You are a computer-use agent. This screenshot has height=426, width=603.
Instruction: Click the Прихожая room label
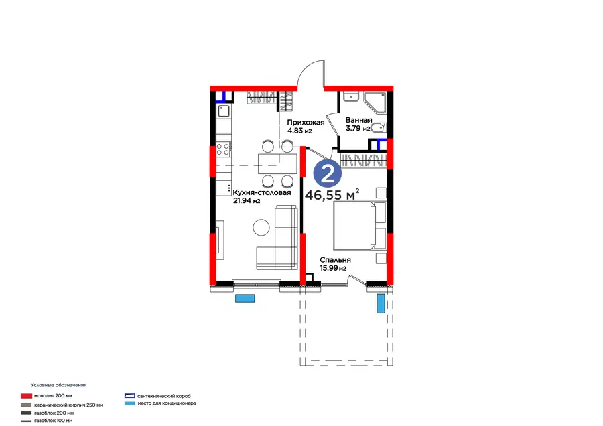click(306, 123)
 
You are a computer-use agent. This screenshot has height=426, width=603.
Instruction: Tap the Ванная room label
click(358, 120)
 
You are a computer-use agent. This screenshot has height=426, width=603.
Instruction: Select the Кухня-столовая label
click(262, 192)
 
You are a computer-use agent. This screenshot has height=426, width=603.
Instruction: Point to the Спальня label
click(336, 260)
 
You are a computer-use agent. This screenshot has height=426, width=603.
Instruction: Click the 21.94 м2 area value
click(247, 200)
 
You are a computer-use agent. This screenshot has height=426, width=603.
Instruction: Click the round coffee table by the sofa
click(261, 228)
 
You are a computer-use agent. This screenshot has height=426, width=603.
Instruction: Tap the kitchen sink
click(223, 111)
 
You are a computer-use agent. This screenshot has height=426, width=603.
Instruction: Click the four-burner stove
click(223, 149)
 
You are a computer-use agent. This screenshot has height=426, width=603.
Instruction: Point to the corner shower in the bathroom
click(375, 102)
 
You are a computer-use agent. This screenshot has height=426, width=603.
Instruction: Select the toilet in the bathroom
click(379, 127)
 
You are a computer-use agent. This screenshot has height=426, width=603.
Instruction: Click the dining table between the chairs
click(277, 163)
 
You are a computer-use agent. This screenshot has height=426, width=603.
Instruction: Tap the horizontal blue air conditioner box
click(245, 298)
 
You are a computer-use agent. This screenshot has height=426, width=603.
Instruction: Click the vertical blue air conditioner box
click(381, 303)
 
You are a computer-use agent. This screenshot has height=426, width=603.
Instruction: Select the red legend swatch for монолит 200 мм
click(26, 396)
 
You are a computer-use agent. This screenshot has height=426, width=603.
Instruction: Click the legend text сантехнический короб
click(164, 396)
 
